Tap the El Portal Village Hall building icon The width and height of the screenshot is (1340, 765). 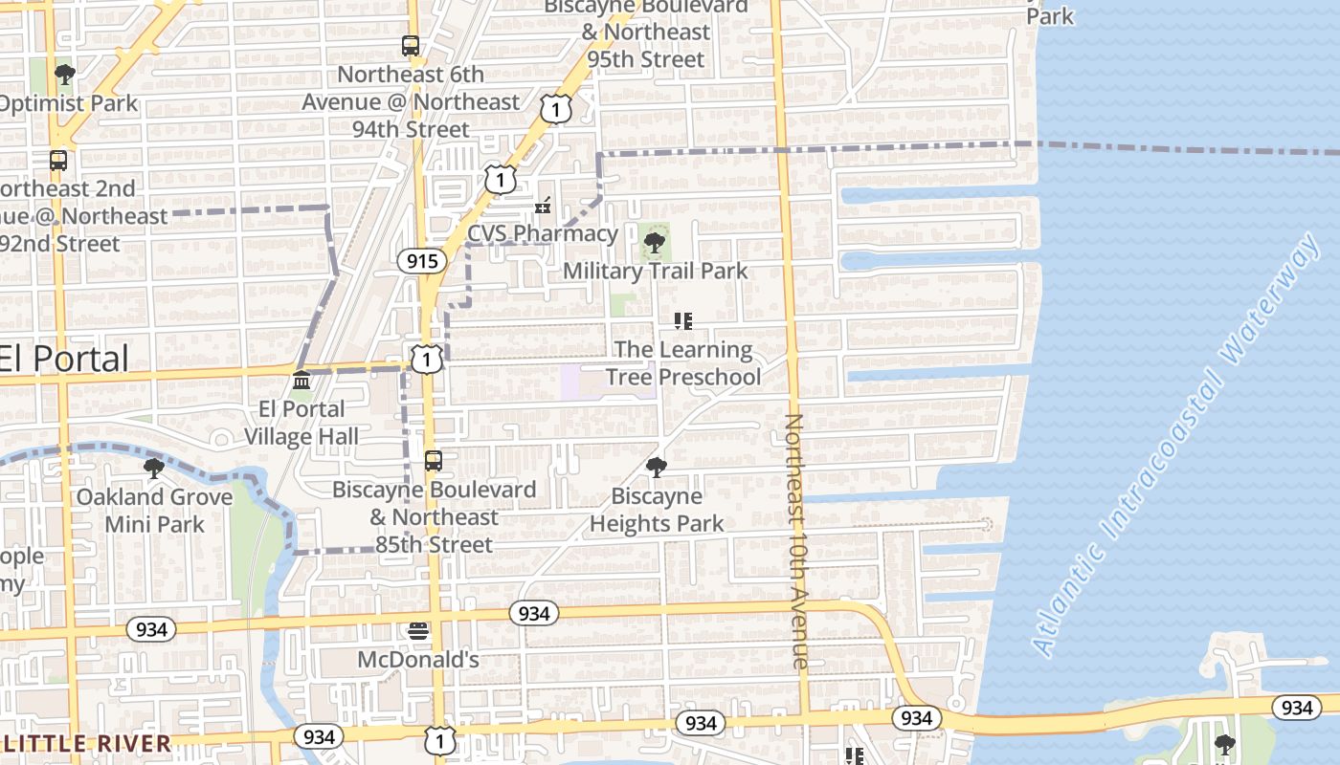pyautogui.click(x=301, y=381)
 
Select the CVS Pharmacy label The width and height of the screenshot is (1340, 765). pyautogui.click(x=543, y=233)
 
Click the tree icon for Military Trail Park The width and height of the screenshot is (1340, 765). pyautogui.click(x=655, y=243)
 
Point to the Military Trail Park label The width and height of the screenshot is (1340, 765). pyautogui.click(x=655, y=271)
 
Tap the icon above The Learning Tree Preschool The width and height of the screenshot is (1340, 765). pyautogui.click(x=682, y=321)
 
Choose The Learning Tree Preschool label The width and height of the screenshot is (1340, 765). pyautogui.click(x=683, y=363)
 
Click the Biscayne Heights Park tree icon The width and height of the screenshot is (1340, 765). pyautogui.click(x=656, y=468)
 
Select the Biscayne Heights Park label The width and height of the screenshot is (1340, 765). pyautogui.click(x=657, y=510)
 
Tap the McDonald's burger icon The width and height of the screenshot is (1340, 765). pyautogui.click(x=418, y=631)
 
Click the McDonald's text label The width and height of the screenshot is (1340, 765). pyautogui.click(x=418, y=660)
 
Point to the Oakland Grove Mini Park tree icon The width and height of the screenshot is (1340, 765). pyautogui.click(x=153, y=468)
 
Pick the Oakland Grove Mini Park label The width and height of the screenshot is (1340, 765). pyautogui.click(x=154, y=511)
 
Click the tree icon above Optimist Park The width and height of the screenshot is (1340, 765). pyautogui.click(x=64, y=75)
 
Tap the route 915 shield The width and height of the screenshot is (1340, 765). pyautogui.click(x=421, y=261)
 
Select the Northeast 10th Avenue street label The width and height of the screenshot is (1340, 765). pyautogui.click(x=797, y=541)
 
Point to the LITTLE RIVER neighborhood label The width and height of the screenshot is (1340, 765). pyautogui.click(x=86, y=743)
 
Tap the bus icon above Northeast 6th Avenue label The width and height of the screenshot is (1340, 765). pyautogui.click(x=411, y=46)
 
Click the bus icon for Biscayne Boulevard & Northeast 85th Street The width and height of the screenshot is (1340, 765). pyautogui.click(x=434, y=461)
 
